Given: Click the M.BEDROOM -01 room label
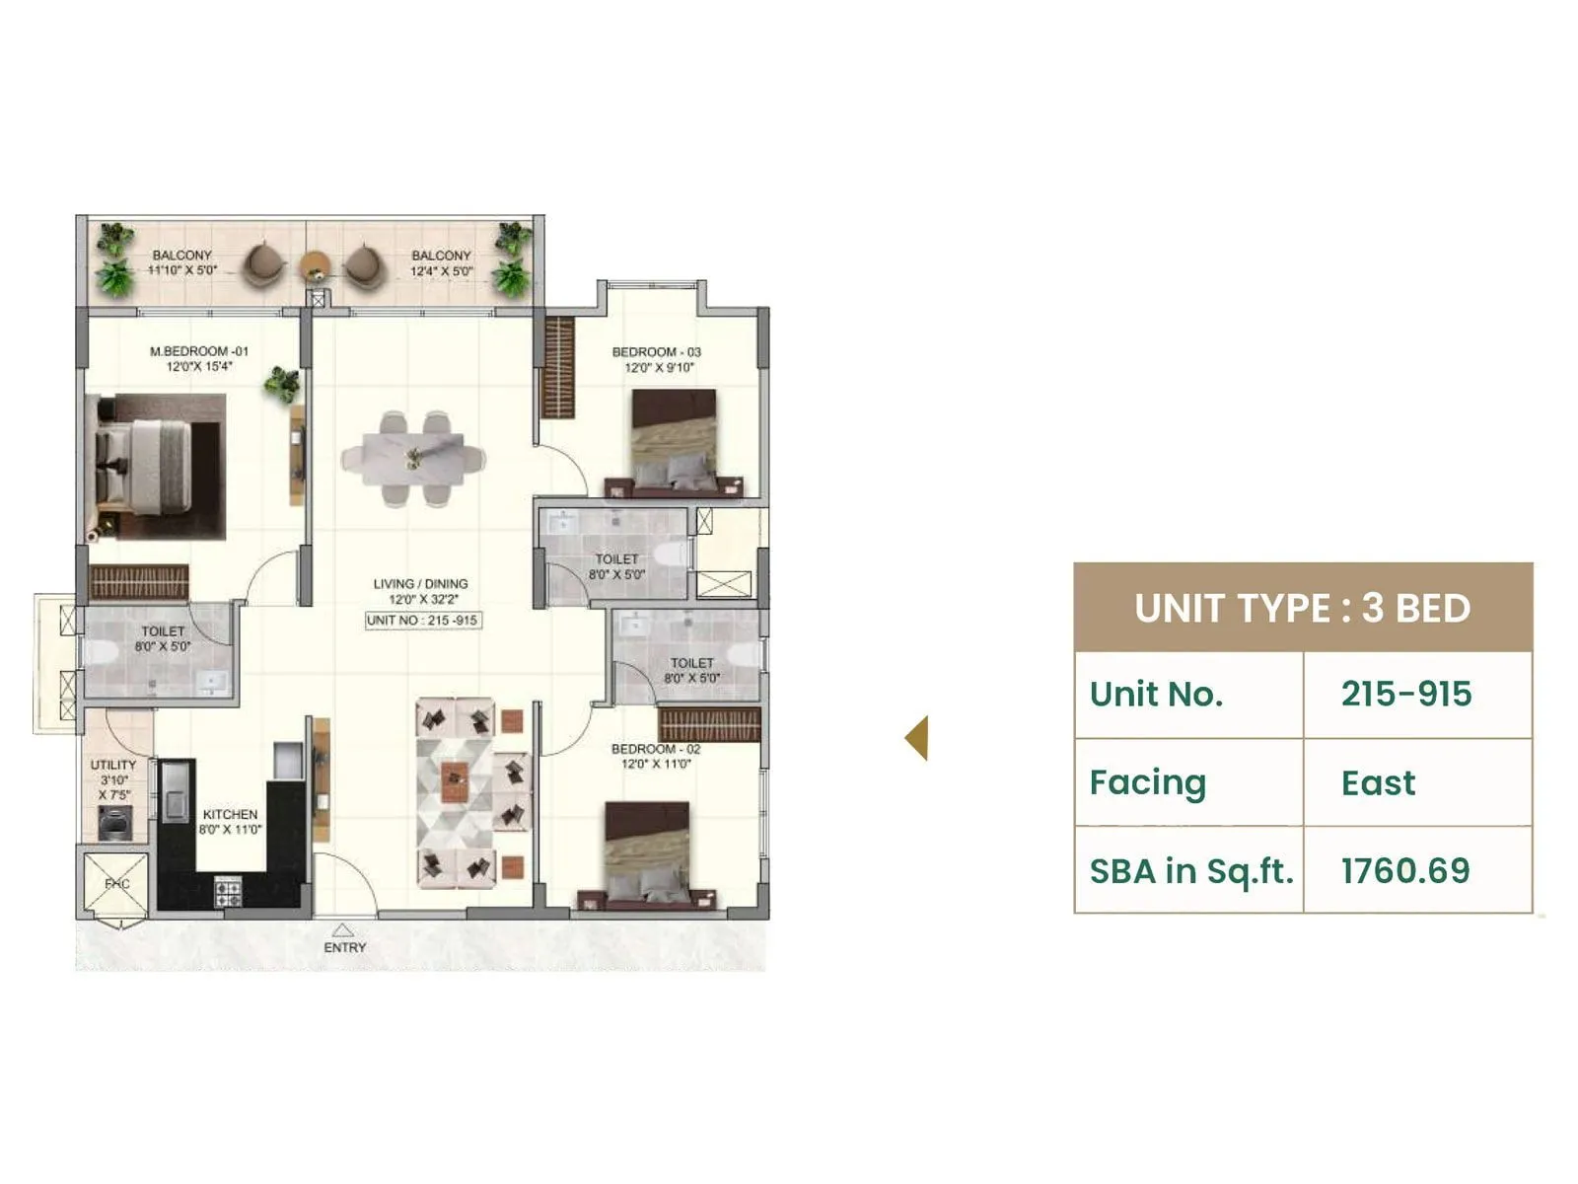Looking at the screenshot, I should [198, 351].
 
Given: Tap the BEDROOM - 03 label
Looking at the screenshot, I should [656, 352].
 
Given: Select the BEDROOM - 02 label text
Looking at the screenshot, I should [655, 749].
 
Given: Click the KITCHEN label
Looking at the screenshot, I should [230, 815].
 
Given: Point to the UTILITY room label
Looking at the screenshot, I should [113, 765].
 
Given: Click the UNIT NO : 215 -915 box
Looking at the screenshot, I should [422, 621].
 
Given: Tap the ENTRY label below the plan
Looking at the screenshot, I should [344, 947].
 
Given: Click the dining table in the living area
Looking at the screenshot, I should [413, 460].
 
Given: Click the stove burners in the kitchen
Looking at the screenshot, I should [228, 893].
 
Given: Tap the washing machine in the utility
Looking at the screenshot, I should [114, 823].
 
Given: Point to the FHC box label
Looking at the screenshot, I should [116, 884].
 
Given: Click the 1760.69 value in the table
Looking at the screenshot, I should [1404, 870].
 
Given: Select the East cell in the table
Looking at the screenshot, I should [1377, 782].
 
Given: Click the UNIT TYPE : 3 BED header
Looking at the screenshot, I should [1302, 608].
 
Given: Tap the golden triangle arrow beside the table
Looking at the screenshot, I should [917, 738].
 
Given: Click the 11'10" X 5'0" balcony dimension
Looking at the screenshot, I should [182, 270].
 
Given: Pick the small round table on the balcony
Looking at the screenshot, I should [315, 264].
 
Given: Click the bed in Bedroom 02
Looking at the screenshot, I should [646, 853].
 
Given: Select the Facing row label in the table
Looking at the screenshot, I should [1147, 782].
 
